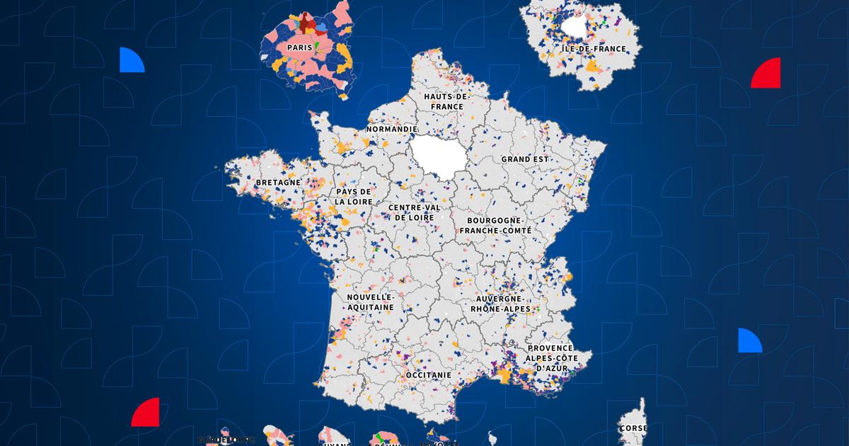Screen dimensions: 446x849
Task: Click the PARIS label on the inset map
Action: [x=301, y=47]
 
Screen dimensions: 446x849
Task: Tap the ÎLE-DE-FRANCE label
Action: [x=594, y=49]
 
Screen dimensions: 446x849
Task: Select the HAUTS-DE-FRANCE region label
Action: [x=444, y=101]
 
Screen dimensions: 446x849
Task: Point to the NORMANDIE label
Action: [x=391, y=130]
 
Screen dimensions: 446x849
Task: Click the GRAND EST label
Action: [x=525, y=159]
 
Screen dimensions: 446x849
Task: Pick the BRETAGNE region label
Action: [x=278, y=182]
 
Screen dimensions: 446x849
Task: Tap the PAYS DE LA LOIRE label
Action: [x=354, y=197]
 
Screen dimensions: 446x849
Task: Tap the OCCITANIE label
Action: [x=428, y=373]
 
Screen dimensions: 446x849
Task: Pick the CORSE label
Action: [x=633, y=428]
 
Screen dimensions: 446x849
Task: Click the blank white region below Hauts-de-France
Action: [x=433, y=156]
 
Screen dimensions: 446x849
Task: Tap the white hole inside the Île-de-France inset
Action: [x=577, y=29]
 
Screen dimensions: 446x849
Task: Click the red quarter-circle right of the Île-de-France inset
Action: [x=768, y=74]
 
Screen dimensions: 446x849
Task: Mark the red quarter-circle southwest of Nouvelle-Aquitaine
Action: [x=147, y=413]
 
